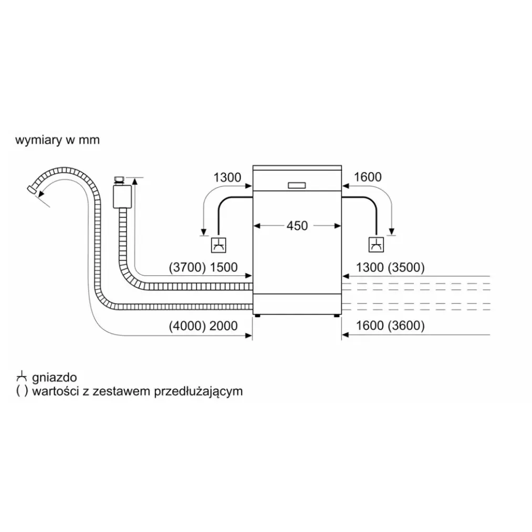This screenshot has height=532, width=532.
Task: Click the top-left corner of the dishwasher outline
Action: pos(253,165)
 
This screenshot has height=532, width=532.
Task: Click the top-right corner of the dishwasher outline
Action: pos(341,165)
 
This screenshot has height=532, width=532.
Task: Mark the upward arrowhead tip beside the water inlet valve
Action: pos(135,178)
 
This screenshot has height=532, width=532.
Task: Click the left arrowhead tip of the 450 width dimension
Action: pos(254,226)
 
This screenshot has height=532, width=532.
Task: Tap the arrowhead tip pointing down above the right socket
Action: pos(392,235)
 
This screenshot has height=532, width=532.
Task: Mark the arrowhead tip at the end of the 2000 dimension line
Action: pos(252,336)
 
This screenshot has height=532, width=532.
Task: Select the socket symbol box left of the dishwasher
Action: pos(218,245)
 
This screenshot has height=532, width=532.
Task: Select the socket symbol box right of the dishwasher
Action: pos(376,245)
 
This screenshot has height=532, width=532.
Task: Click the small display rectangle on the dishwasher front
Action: pos(297,185)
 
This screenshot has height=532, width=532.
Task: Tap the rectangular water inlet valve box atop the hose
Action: pos(122,196)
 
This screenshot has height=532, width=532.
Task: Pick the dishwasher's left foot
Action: pos(258,316)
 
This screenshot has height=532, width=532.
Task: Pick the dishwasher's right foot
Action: pos(336,316)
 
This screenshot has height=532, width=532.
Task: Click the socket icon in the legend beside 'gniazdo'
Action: pos(22,377)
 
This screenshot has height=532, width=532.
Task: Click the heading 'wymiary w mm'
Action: pos(58,140)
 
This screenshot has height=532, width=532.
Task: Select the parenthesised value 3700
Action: pos(187,267)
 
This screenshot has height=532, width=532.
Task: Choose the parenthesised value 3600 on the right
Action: pos(406,326)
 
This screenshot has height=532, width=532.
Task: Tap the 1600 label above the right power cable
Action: pos(368,177)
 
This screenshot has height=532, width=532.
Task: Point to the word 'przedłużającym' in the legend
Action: pos(199,392)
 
